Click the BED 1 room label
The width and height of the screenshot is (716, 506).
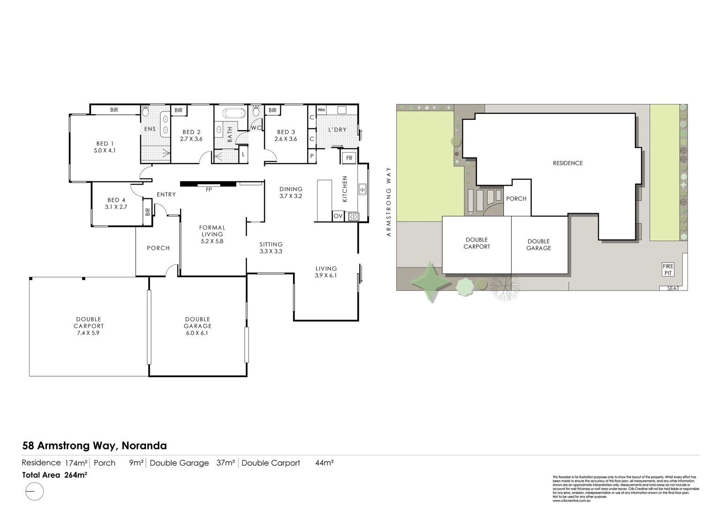(105, 144)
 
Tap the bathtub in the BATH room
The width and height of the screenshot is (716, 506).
(233, 113)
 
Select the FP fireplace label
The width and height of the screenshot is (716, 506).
(209, 190)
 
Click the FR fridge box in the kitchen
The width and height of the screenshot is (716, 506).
(349, 158)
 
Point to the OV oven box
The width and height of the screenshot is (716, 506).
(338, 216)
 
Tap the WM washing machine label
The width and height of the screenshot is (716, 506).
(321, 110)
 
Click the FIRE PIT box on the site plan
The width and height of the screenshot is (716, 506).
(668, 269)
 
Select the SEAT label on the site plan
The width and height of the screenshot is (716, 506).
(673, 288)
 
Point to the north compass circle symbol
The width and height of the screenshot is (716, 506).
(34, 491)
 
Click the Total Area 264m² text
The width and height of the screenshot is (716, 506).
(55, 475)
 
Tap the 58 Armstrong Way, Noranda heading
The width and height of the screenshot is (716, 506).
(94, 446)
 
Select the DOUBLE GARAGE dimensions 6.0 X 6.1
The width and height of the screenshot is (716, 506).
(197, 333)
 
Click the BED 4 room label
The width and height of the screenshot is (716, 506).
(116, 200)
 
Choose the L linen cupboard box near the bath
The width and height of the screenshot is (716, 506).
(243, 154)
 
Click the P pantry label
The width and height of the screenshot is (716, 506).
(312, 156)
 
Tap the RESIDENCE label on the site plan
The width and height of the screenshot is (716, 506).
(567, 163)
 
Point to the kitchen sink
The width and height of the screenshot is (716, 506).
(362, 189)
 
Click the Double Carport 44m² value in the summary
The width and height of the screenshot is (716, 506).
(324, 463)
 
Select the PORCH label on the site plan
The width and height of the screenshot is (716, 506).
(516, 199)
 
